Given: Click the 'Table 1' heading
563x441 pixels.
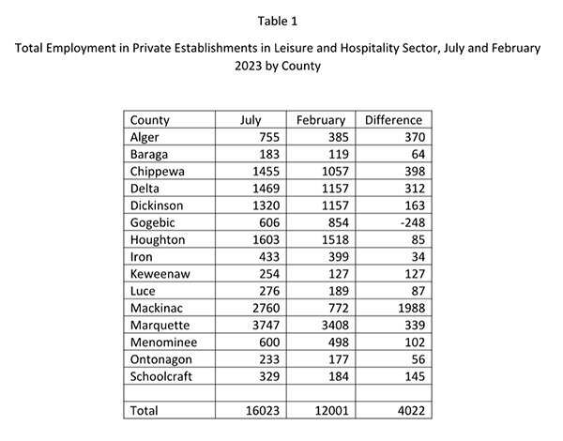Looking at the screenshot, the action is click(x=278, y=22).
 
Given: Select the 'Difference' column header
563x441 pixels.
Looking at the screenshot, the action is click(x=393, y=120).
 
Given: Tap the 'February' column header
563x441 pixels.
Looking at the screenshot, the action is click(x=321, y=120).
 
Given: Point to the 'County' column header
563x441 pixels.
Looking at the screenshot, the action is click(x=150, y=120).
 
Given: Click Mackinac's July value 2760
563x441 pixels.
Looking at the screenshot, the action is click(x=266, y=308).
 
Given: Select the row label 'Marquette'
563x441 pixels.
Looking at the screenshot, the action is click(x=160, y=326).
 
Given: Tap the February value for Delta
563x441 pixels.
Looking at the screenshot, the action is click(x=335, y=189).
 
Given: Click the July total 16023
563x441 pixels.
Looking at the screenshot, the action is click(x=263, y=411).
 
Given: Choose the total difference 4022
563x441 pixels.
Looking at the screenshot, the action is click(x=412, y=411).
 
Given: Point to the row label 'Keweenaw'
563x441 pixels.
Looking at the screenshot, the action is click(x=160, y=274).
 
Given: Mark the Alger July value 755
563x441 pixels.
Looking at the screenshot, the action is click(x=269, y=137).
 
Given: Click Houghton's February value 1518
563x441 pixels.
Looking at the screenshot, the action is click(x=335, y=240).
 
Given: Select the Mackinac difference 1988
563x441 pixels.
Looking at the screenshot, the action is click(x=412, y=308).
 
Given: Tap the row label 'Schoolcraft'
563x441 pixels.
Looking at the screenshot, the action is click(x=160, y=376).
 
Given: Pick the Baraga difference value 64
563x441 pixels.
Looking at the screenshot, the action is click(x=418, y=155).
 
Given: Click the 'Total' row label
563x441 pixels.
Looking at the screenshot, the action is click(x=144, y=411).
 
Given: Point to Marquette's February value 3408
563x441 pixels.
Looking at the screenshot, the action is click(x=335, y=326).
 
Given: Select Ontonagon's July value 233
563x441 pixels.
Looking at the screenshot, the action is click(x=269, y=359).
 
